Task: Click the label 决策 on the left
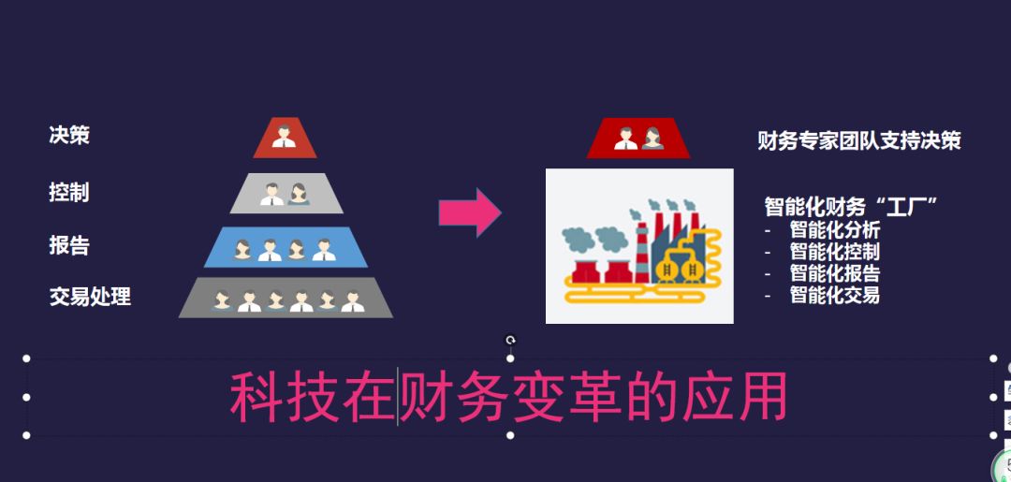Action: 69,135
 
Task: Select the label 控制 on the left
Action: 69,193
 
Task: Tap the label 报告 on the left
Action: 69,245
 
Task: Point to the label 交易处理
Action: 90,298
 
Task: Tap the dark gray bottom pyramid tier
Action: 286,298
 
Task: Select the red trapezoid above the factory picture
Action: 638,139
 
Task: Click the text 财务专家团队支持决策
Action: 858,141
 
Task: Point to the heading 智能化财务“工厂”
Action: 851,206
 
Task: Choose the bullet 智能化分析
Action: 834,229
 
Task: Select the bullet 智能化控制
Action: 834,251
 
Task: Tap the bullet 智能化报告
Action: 834,273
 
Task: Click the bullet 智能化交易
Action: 834,295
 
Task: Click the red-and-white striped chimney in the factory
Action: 642,247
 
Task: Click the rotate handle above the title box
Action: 510,341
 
